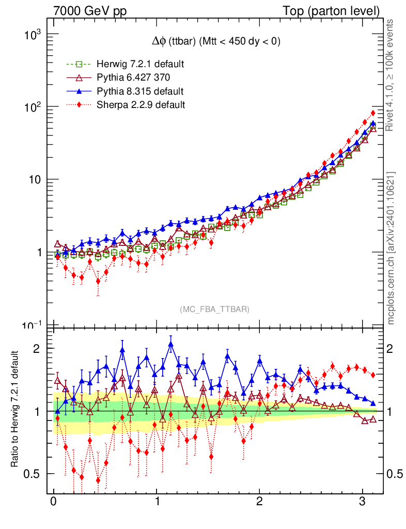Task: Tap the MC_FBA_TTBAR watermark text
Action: tap(214, 309)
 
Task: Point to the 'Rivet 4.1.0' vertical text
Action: tap(391, 75)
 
